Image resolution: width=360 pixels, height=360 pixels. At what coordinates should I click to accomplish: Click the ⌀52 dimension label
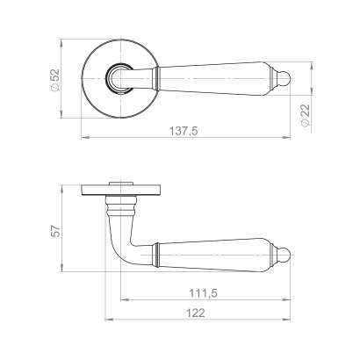click(x=55, y=80)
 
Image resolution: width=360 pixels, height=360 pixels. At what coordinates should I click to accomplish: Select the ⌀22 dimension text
click(x=305, y=115)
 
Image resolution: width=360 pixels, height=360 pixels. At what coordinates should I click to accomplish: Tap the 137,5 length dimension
click(x=184, y=131)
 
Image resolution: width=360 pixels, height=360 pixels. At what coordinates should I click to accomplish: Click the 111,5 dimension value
click(x=203, y=293)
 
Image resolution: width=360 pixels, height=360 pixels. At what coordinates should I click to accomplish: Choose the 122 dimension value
click(x=196, y=313)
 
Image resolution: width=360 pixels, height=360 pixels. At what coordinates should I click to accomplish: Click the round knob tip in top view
click(x=285, y=79)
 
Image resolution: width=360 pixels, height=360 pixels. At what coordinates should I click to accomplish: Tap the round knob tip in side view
click(x=285, y=255)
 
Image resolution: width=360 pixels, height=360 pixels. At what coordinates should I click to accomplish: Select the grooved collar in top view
click(x=156, y=78)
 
